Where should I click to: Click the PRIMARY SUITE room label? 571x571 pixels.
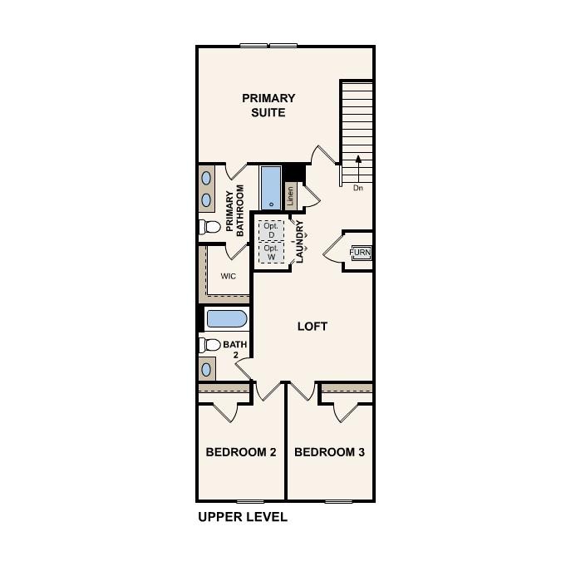click(268, 106)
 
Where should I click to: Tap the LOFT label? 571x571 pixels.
click(313, 327)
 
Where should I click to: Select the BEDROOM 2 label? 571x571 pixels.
click(241, 452)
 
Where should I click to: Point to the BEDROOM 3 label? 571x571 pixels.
click(330, 452)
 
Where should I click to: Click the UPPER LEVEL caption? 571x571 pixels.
click(243, 517)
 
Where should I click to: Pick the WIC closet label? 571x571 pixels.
click(229, 276)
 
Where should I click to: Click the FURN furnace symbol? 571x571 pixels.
click(361, 253)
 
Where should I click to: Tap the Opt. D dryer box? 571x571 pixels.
click(271, 229)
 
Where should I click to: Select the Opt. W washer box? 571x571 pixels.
click(271, 252)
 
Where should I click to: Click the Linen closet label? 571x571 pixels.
click(290, 195)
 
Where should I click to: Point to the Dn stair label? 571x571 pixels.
click(358, 188)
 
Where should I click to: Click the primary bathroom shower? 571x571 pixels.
click(271, 188)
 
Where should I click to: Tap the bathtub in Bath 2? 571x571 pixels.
click(226, 319)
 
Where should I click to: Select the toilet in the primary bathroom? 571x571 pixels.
click(210, 227)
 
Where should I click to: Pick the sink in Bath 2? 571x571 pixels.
click(206, 368)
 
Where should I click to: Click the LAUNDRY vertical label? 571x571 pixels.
click(300, 241)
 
